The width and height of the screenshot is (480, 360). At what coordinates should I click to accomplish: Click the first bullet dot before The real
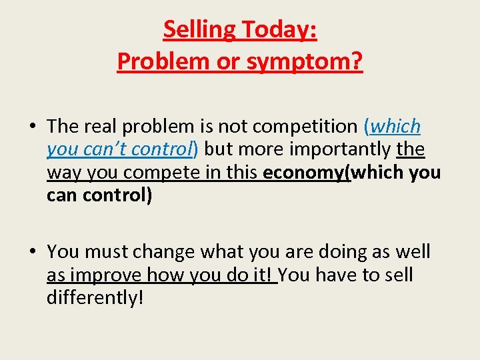point(31,126)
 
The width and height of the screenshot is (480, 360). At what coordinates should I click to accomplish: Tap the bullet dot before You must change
point(31,252)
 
